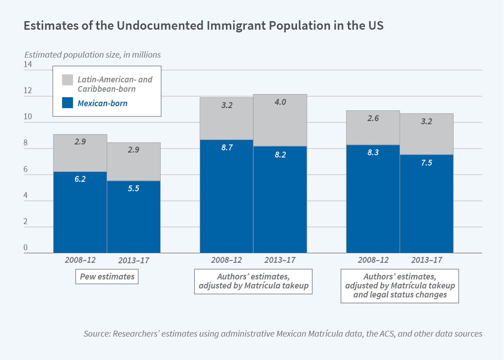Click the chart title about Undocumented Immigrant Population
click(203, 26)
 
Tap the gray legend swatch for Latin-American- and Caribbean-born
click(67, 80)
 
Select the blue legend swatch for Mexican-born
click(67, 103)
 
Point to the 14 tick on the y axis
click(28, 65)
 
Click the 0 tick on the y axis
click(26, 248)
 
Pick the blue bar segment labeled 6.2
click(80, 212)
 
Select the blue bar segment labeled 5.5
click(134, 216)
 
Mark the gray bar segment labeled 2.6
click(373, 127)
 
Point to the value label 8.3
click(373, 153)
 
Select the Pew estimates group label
click(107, 276)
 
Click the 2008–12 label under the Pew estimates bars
click(80, 260)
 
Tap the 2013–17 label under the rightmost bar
click(427, 260)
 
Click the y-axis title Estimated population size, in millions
click(92, 54)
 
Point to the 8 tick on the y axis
click(26, 144)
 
